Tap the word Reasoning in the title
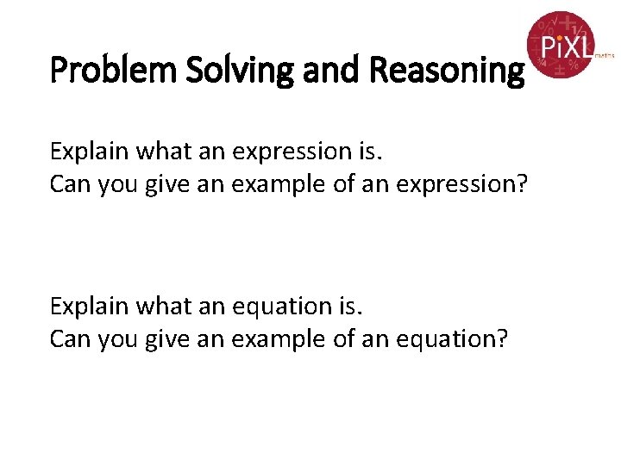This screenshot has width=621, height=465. (446, 70)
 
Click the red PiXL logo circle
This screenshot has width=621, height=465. (561, 45)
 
